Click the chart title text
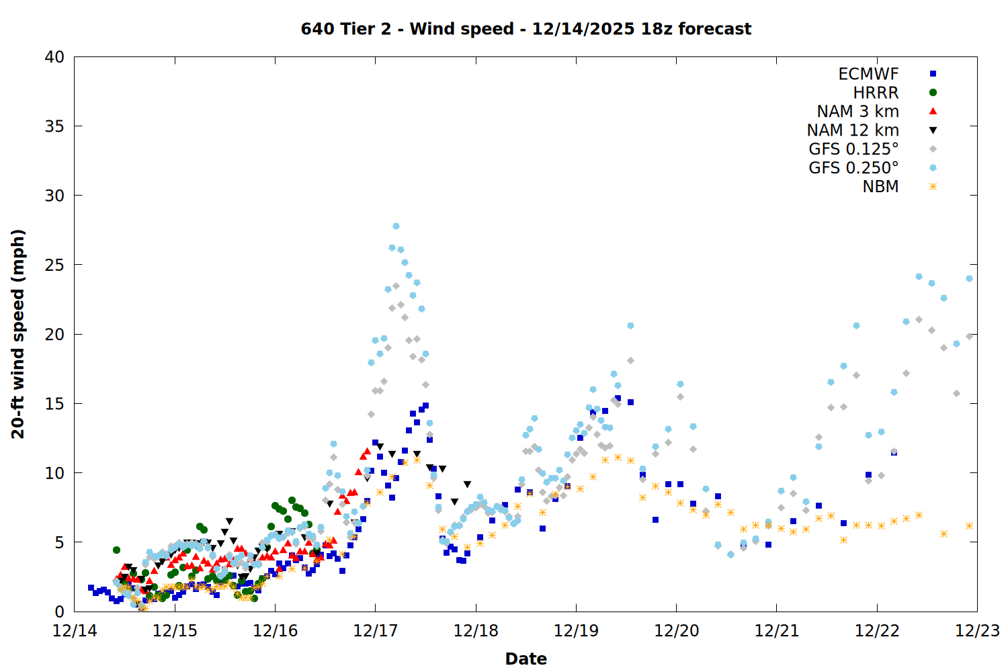pos(526,29)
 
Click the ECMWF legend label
pos(868,74)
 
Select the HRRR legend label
pos(876,93)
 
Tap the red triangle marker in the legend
pos(933,112)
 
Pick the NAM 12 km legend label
pos(853,130)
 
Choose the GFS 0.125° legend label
pos(853,149)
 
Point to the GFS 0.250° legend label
pos(853,168)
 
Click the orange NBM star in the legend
pos(933,187)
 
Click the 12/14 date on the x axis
pos(75,631)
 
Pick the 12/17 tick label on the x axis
pos(375,631)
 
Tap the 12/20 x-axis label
pos(676,631)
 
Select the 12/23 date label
pos(977,631)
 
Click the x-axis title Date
pos(526,659)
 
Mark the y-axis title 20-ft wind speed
pos(18,334)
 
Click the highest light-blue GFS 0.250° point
pos(396,226)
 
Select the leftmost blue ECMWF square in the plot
pos(91,587)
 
